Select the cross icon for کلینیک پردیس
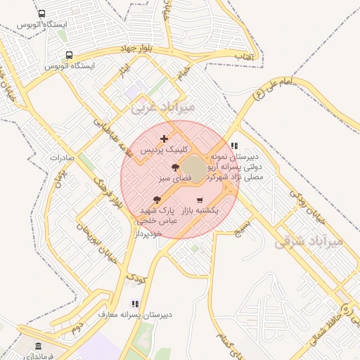(x=165, y=139)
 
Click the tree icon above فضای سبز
(x=175, y=167)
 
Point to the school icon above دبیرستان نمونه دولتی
(x=233, y=146)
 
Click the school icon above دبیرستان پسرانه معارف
(x=135, y=304)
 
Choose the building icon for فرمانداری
(x=37, y=347)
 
